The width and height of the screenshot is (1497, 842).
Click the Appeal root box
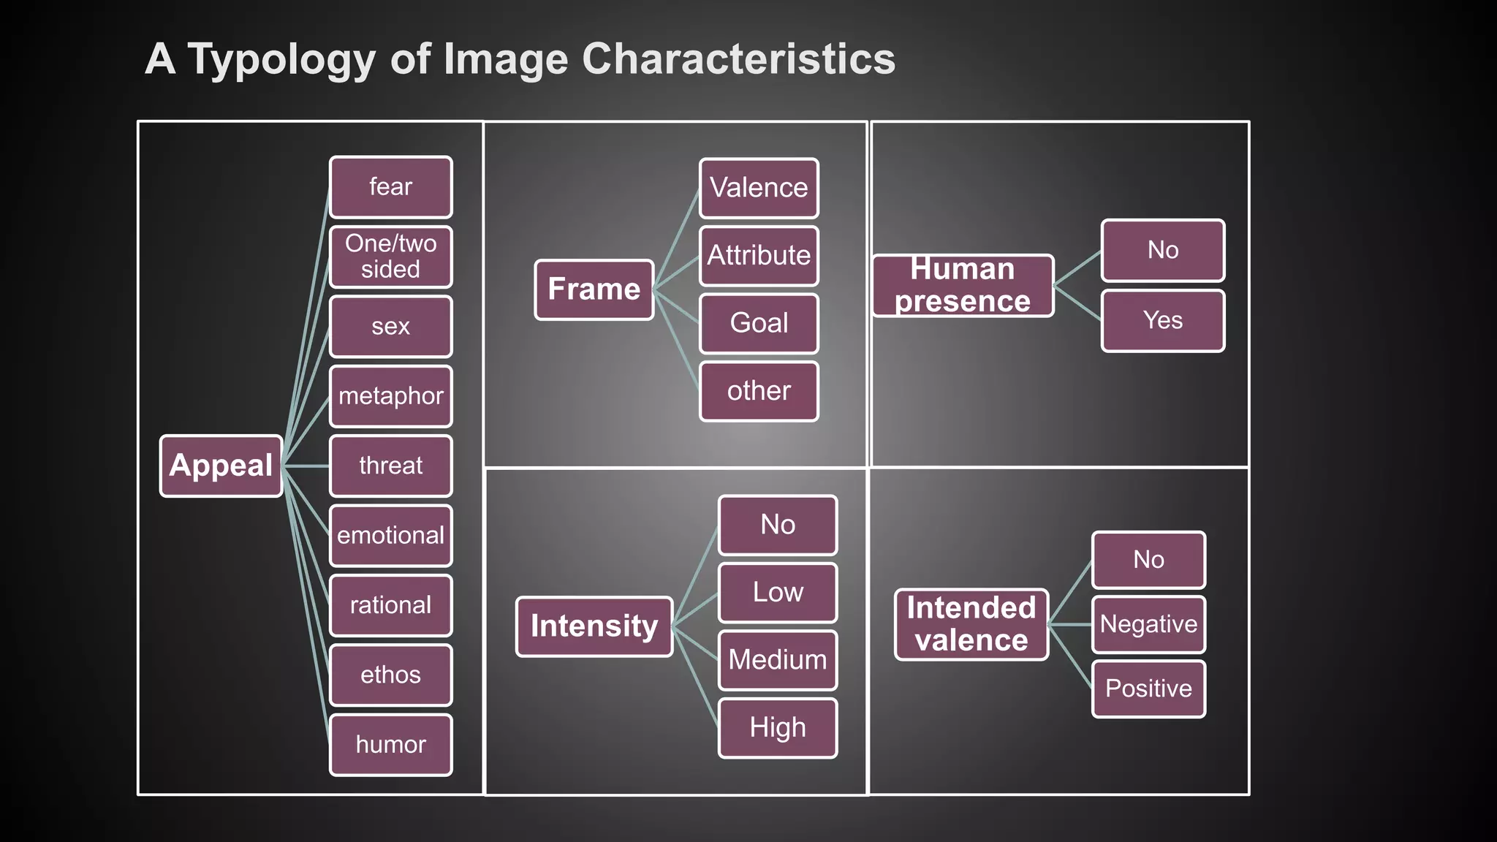tap(221, 466)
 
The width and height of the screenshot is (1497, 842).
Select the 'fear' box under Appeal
tap(391, 187)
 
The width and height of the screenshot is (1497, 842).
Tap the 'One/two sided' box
tap(391, 257)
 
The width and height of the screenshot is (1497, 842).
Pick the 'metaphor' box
tap(391, 396)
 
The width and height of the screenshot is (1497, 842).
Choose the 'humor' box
tap(391, 745)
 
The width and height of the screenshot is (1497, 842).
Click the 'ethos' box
tap(391, 675)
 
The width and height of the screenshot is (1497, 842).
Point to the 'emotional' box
tap(391, 536)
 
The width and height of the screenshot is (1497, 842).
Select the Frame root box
tap(594, 289)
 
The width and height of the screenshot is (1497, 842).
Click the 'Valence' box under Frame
tap(759, 188)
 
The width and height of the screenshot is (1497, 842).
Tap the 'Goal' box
tap(759, 323)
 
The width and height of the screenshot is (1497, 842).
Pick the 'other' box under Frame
tap(759, 391)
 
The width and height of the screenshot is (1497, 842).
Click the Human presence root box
tap(963, 285)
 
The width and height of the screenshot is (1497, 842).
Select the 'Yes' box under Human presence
tap(1163, 321)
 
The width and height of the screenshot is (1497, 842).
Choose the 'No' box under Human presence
tap(1163, 251)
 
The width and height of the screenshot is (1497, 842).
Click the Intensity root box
tap(594, 626)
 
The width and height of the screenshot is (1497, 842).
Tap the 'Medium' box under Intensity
tap(778, 660)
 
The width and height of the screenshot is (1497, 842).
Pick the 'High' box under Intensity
tap(778, 728)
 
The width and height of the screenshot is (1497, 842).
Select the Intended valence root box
tap(971, 624)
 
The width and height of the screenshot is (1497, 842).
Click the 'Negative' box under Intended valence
tap(1148, 624)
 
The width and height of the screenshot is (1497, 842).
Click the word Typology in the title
tap(281, 60)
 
